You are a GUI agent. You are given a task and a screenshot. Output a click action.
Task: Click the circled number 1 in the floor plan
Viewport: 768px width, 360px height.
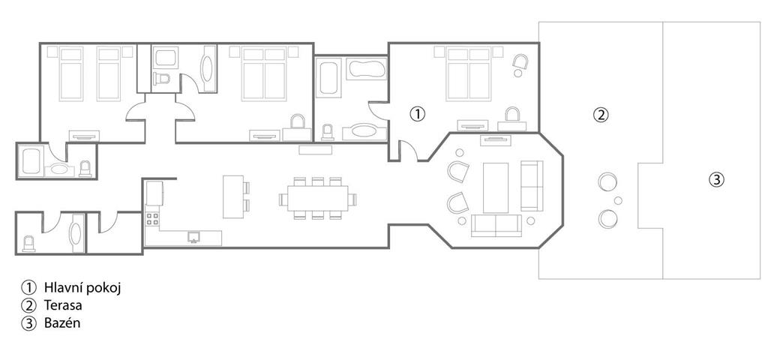coord(417,114)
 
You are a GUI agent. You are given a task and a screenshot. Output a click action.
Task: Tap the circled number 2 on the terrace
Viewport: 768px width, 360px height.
coord(601,115)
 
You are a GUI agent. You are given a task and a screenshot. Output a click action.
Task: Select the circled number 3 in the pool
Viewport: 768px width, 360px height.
coord(716,180)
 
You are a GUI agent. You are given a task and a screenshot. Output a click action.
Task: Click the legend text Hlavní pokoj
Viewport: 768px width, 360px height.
coord(82,287)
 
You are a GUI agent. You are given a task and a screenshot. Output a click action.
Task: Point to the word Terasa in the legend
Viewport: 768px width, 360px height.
coord(63,306)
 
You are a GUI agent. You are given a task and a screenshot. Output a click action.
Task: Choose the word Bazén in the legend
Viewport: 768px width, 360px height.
coord(62,323)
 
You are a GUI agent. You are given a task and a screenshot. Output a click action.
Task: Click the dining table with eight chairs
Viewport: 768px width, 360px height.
coord(317,198)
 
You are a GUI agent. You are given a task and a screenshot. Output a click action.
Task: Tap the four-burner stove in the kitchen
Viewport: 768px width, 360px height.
coord(152,218)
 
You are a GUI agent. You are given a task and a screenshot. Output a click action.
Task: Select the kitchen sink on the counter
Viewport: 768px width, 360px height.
coord(194,237)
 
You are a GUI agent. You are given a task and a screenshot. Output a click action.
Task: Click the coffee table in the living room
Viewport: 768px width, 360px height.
coord(496,187)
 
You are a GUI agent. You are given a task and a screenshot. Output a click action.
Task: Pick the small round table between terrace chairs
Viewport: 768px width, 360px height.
coord(618,200)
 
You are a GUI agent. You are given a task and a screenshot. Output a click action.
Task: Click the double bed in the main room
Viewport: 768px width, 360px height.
coord(469,74)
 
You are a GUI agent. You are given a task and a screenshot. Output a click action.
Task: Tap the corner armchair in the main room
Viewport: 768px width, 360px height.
coord(520,61)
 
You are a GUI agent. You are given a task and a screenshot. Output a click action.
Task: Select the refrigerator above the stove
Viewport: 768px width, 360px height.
coord(154,193)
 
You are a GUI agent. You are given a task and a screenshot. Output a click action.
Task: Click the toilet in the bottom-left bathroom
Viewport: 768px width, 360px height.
coord(29,244)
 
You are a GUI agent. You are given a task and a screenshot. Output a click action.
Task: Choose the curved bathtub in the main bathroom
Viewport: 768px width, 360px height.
coord(366,69)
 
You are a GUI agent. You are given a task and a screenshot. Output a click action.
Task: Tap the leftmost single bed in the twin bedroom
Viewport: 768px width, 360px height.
coord(71,74)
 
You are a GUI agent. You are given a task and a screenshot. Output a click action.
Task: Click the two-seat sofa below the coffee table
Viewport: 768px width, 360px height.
coord(496,225)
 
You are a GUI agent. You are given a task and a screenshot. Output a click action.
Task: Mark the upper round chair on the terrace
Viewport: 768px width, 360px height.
coord(607,182)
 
